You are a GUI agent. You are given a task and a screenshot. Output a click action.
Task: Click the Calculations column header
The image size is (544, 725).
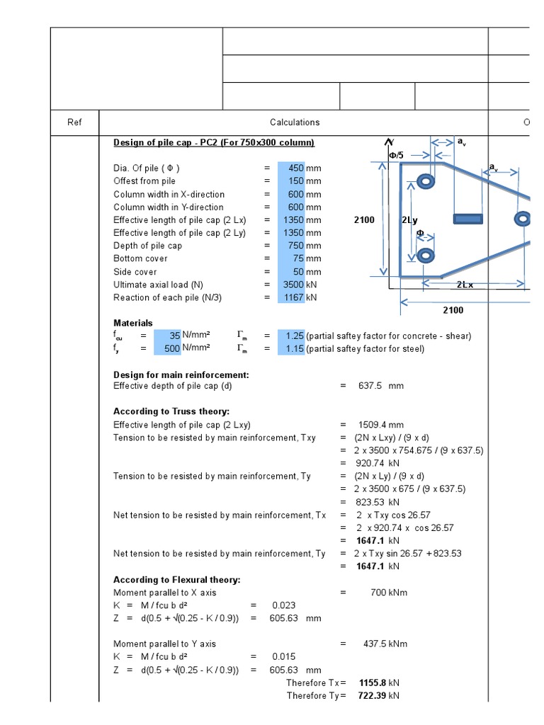(x=295, y=122)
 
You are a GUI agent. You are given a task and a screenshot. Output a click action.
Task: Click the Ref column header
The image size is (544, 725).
(x=74, y=122)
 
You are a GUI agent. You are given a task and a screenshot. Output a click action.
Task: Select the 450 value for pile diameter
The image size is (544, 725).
(x=293, y=169)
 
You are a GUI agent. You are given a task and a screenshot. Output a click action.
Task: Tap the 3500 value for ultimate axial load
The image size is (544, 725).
(x=293, y=285)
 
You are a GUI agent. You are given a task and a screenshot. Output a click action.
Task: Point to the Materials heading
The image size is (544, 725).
(x=133, y=323)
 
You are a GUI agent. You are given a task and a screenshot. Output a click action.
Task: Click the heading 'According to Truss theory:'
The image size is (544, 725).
(x=171, y=411)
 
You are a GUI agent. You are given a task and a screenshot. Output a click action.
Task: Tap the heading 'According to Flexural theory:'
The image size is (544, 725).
(x=177, y=580)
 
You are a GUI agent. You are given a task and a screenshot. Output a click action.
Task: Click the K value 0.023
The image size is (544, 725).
(x=283, y=605)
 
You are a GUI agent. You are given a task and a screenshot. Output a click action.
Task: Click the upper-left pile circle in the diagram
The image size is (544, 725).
(x=425, y=182)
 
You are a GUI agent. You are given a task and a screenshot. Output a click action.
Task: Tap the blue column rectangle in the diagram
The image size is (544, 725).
(x=468, y=219)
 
